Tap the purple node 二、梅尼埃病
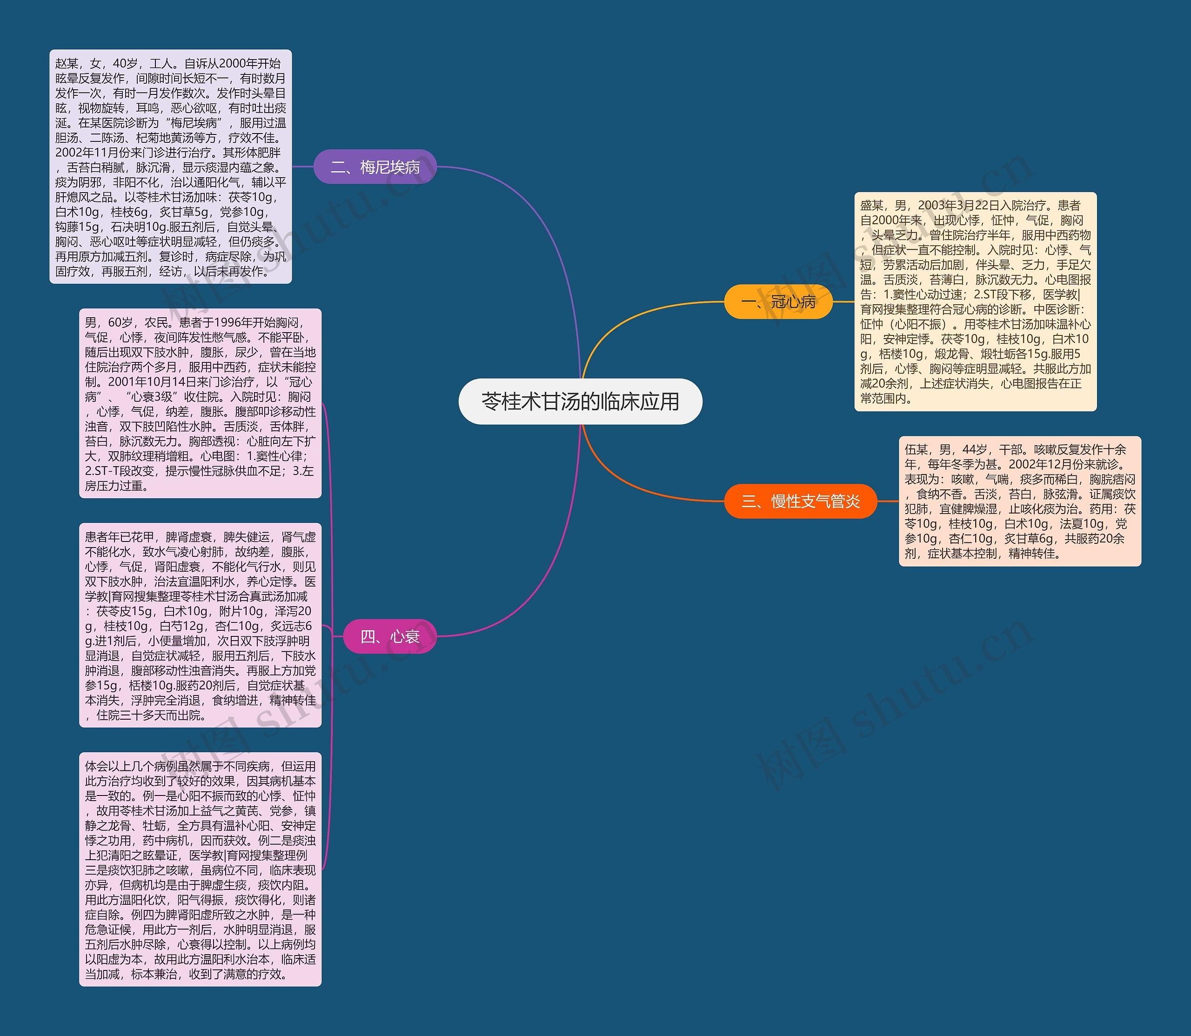click(375, 167)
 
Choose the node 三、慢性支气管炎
click(800, 501)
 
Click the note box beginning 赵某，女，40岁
click(171, 167)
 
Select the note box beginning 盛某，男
click(975, 301)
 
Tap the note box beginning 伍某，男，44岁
click(1019, 501)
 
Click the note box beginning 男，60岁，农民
click(200, 403)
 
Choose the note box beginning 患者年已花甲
click(200, 625)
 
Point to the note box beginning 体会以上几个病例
click(200, 869)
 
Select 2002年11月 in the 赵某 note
click(90, 153)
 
